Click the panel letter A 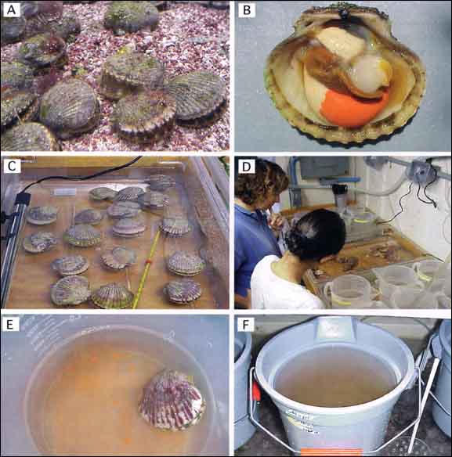pos(12,10)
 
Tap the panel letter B pos(247,10)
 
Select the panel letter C pos(12,166)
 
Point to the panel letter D pos(247,167)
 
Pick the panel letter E pos(10,325)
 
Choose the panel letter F pos(246,325)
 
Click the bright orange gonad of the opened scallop pos(353,108)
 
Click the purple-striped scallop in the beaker pos(172,400)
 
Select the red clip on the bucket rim pos(256,390)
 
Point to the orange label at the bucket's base pos(331,452)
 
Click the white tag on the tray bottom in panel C pos(65,192)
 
